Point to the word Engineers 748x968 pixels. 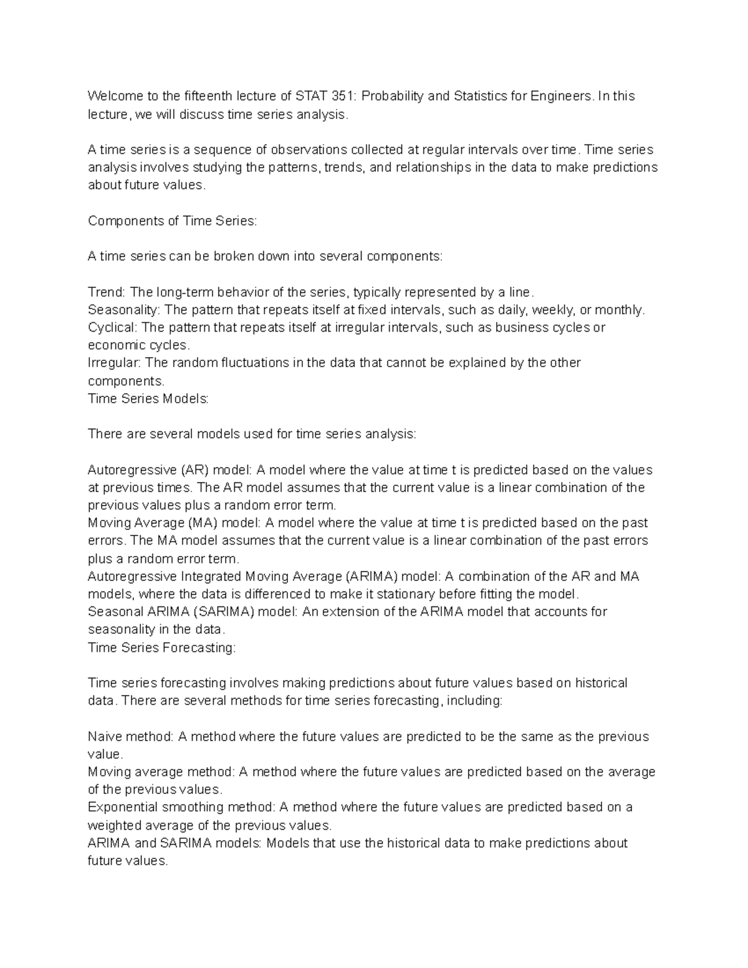(x=560, y=96)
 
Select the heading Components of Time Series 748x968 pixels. (x=172, y=221)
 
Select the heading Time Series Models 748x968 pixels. (x=148, y=399)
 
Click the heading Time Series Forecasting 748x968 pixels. (x=162, y=648)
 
